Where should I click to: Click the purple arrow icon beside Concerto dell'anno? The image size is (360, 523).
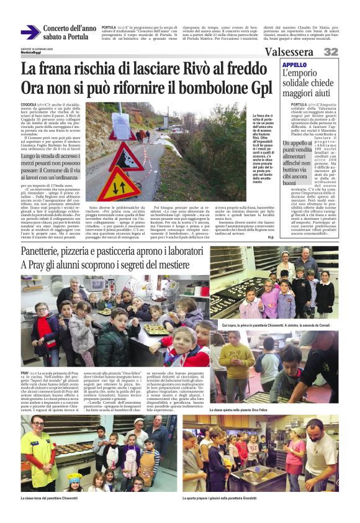pyautogui.click(x=30, y=32)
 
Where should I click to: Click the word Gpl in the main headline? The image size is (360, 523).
pyautogui.click(x=259, y=87)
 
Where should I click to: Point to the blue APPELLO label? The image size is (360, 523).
pyautogui.click(x=295, y=65)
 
